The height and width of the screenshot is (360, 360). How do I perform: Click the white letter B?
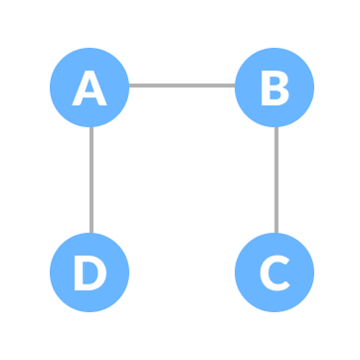tap(274, 89)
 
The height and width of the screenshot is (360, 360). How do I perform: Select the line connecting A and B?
tap(182, 86)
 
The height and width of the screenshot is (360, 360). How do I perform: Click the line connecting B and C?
tap(274, 180)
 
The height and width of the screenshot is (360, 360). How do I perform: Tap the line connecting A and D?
tap(90, 180)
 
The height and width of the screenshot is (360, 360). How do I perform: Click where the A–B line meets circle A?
tap(129, 86)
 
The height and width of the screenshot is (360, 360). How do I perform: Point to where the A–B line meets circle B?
tap(235, 86)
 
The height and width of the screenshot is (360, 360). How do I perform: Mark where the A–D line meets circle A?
tap(90, 127)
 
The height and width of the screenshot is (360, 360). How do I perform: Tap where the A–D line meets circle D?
tap(90, 233)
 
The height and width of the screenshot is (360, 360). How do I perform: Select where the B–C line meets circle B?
tap(274, 127)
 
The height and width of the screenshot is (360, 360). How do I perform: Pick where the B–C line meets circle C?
tap(274, 233)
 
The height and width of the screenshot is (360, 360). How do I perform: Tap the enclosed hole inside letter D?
tap(90, 272)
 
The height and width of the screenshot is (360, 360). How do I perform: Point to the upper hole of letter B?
tap(274, 82)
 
